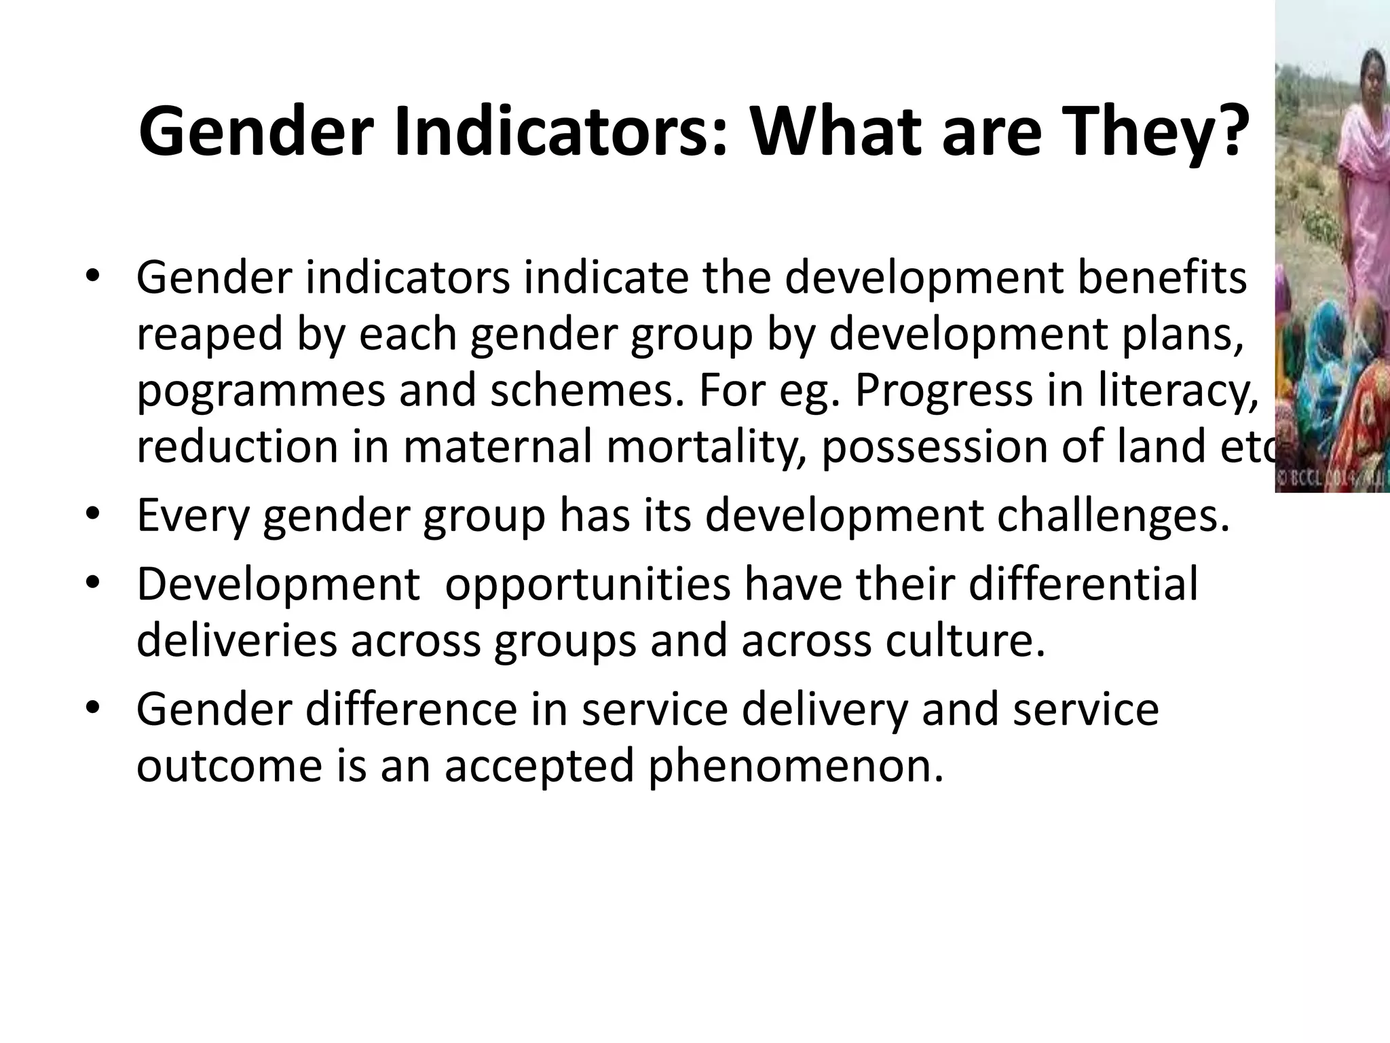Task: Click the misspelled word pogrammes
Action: click(261, 392)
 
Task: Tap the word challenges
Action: click(1113, 516)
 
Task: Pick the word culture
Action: click(964, 641)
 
